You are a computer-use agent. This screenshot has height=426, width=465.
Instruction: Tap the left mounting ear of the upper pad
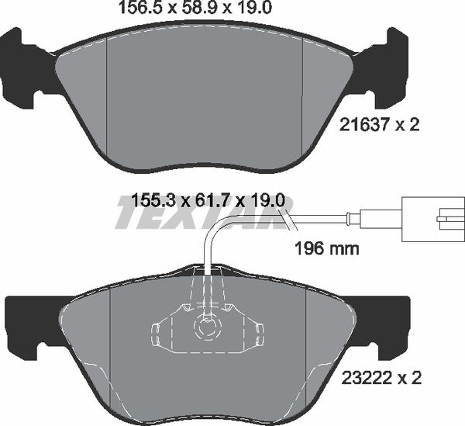pos(22,70)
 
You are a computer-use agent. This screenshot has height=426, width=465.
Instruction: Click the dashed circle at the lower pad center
pos(207,327)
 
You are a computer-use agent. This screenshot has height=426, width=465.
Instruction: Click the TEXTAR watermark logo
pos(198,214)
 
